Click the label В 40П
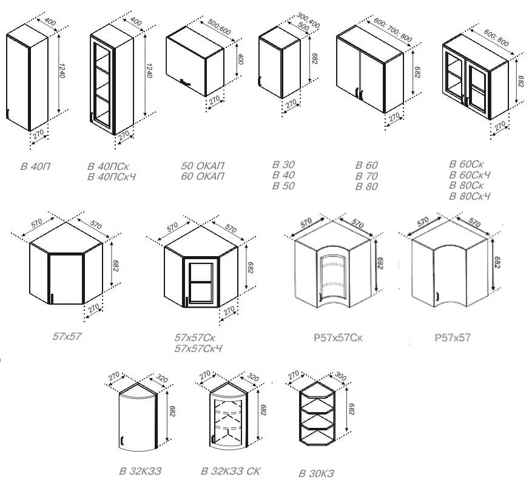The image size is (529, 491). click(35, 166)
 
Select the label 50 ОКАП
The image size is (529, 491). click(203, 166)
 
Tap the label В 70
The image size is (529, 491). click(366, 176)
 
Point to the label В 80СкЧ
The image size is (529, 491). click(470, 195)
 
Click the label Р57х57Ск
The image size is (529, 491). click(338, 337)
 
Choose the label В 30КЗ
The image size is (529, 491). click(316, 473)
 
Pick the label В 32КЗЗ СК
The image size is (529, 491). click(231, 471)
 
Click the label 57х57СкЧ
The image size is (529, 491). click(198, 348)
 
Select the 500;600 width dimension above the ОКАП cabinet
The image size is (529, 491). click(219, 27)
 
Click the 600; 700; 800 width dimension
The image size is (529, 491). click(393, 30)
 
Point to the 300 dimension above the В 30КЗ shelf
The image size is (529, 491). click(340, 376)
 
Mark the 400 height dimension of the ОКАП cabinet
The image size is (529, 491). click(240, 58)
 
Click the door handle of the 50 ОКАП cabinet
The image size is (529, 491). click(185, 82)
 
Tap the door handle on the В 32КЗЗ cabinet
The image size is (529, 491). click(123, 441)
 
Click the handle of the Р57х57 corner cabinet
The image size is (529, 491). click(437, 296)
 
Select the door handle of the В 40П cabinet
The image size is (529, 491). click(7, 113)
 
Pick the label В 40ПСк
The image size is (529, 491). click(108, 166)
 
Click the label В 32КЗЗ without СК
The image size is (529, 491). click(140, 471)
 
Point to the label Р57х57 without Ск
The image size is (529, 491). click(453, 337)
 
